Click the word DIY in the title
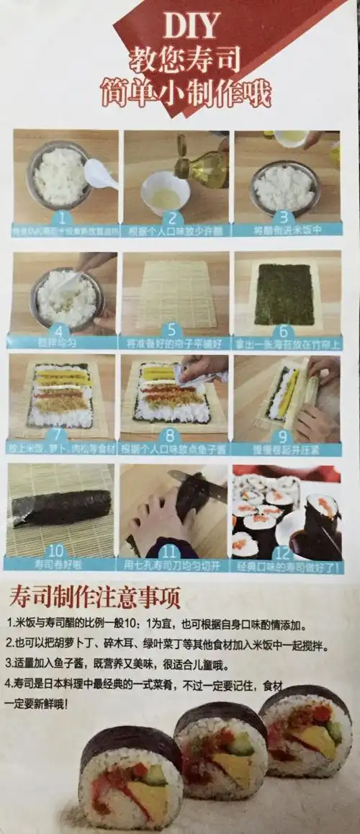tap(190, 27)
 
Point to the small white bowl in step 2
tap(165, 192)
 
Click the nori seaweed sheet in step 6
tap(284, 294)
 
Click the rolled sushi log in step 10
tap(61, 508)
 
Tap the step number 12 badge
tap(284, 552)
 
